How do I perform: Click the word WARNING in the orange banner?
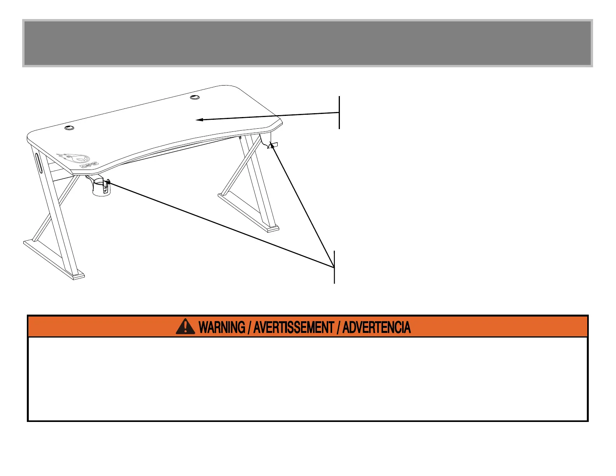(222, 327)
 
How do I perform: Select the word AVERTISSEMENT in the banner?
(294, 327)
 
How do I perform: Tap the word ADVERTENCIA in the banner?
(376, 327)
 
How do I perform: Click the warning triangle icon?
(185, 326)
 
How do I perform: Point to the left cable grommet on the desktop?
(69, 127)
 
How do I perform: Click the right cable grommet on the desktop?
(195, 96)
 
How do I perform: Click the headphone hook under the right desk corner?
(272, 145)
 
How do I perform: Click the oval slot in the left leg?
(38, 163)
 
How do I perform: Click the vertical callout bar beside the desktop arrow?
(339, 112)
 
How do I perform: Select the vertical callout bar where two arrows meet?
(334, 267)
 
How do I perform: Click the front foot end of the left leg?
(78, 276)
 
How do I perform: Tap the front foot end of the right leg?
(273, 229)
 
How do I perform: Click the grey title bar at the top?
(307, 43)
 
